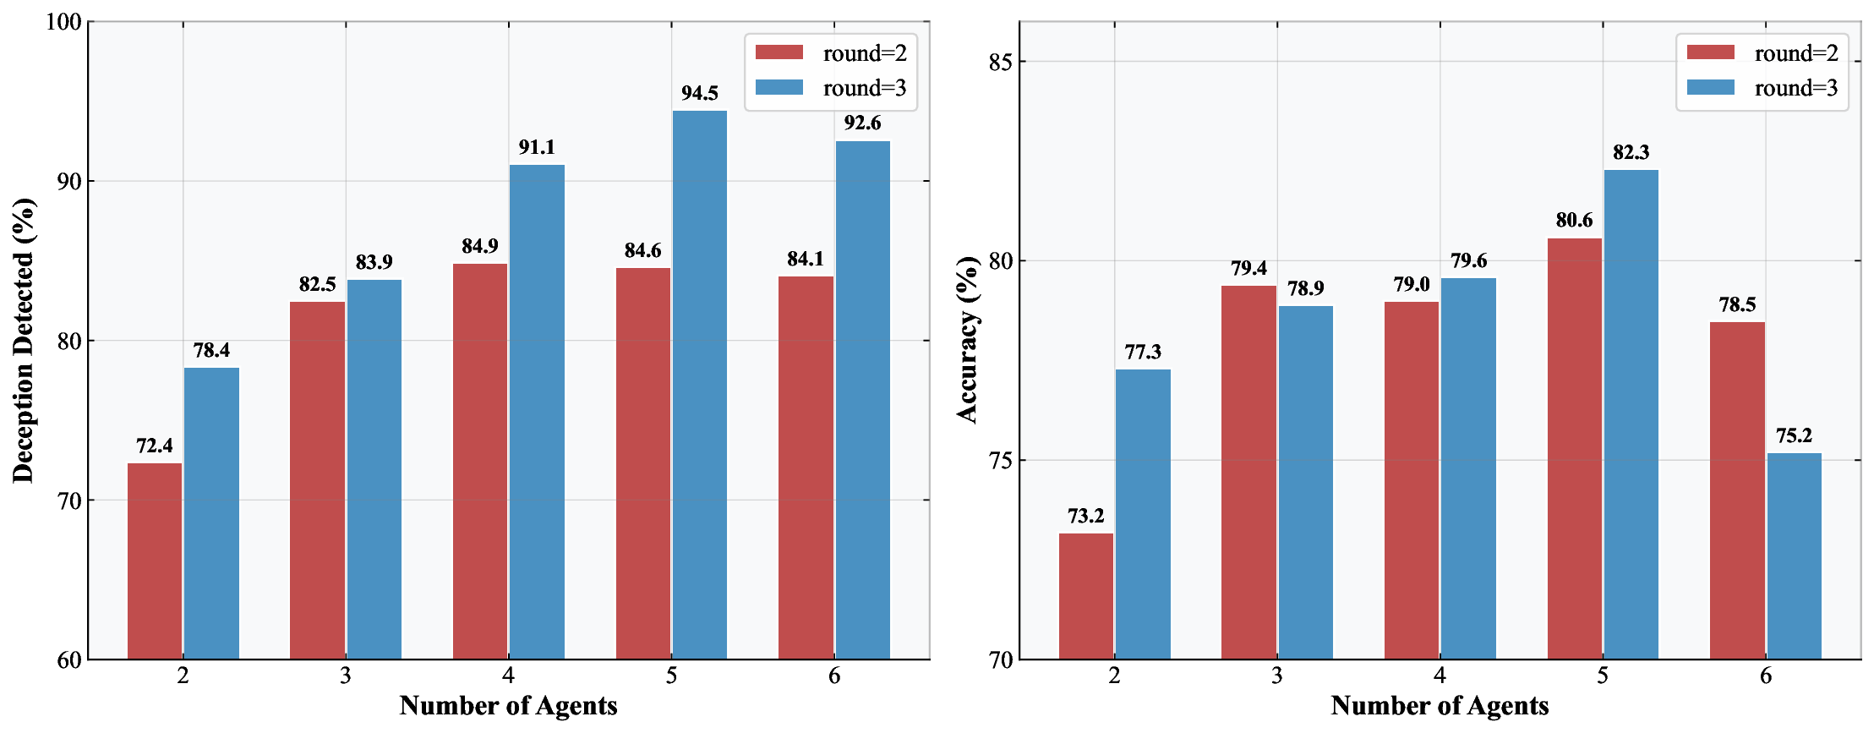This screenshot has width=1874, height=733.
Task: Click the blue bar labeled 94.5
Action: coord(699,385)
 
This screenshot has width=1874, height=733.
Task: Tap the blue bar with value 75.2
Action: coord(1794,555)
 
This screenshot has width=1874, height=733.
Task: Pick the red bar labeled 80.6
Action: coord(1574,448)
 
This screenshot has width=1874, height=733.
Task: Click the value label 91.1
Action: coord(537,148)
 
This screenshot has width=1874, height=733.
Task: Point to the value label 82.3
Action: coord(1631,153)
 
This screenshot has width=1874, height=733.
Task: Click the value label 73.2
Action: coord(1085,517)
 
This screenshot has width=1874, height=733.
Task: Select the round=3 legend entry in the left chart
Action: coord(831,88)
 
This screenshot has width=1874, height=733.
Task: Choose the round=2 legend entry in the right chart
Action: coord(1762,53)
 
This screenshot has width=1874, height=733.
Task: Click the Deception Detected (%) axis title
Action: coord(24,340)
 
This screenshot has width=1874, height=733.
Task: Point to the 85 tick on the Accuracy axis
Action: coord(1001,62)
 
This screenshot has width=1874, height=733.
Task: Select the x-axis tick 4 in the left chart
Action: coord(508,676)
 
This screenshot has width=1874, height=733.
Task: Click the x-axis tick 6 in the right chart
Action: coord(1765,676)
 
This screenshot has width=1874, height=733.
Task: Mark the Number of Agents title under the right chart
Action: coord(1440,706)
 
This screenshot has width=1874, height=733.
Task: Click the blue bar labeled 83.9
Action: coord(374,469)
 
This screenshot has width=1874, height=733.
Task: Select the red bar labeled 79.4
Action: coord(1248,472)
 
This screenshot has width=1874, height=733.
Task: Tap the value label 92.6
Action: coord(862,123)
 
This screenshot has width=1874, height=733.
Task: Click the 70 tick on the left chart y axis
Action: coord(69,501)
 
